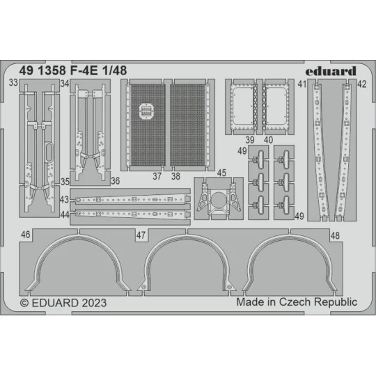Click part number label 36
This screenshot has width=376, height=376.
[x=113, y=180]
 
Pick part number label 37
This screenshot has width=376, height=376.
[x=157, y=177]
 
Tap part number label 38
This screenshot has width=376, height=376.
[x=175, y=177]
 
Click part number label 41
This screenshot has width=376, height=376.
[x=301, y=84]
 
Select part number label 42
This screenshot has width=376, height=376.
[x=361, y=84]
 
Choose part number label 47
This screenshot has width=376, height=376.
[x=141, y=236]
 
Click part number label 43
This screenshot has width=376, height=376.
[x=64, y=199]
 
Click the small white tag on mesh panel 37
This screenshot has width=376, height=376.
[x=146, y=109]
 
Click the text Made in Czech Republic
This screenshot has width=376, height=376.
[x=296, y=301]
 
